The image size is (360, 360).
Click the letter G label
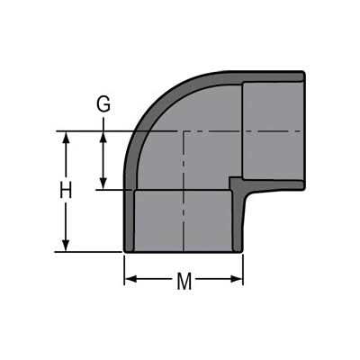tap(103, 104)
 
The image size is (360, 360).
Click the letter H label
tap(66, 190)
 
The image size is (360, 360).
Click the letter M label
tap(184, 282)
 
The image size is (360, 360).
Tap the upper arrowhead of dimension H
tap(67, 138)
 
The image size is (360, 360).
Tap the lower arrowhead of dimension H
tap(67, 245)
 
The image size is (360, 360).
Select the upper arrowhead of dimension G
tap(103, 138)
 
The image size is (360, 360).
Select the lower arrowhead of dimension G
tap(103, 184)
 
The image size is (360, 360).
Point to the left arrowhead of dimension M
tap(130, 279)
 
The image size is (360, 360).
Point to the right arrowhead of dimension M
tap(237, 279)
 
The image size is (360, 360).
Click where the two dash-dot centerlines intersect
tap(184, 131)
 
